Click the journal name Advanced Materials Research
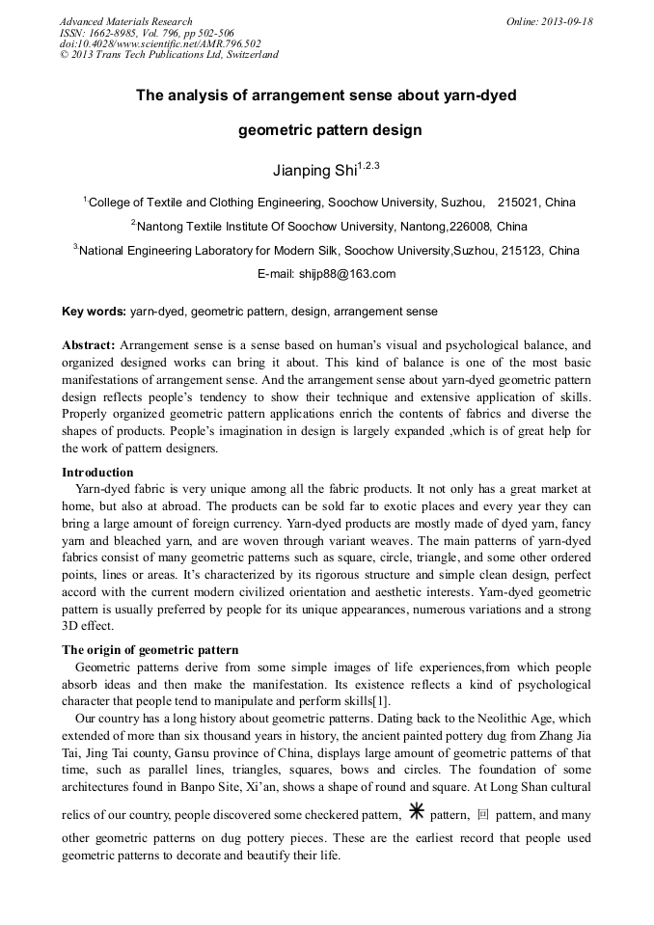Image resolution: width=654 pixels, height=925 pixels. click(x=125, y=21)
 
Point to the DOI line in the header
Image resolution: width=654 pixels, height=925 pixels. click(x=160, y=43)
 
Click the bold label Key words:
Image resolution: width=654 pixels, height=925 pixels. click(x=94, y=312)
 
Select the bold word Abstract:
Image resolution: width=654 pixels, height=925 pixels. click(x=89, y=344)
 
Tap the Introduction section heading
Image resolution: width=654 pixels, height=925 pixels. click(x=97, y=473)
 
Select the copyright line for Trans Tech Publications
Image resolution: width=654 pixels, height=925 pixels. click(x=169, y=54)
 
